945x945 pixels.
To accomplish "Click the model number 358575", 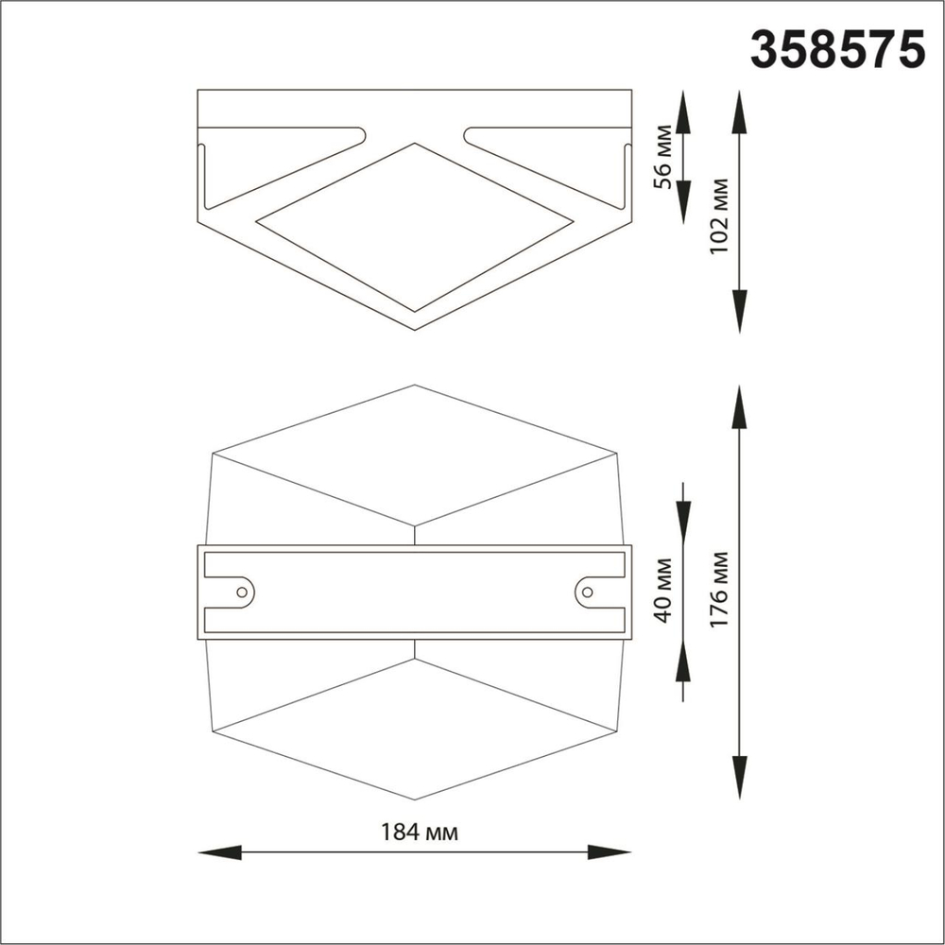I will point(836,48).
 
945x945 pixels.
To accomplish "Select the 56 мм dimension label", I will point(664,157).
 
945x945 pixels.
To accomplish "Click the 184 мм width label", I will point(420,833).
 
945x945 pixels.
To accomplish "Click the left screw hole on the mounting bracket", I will point(242,593).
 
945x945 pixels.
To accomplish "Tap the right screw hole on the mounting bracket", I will point(587,593).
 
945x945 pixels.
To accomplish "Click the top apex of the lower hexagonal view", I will point(415,386).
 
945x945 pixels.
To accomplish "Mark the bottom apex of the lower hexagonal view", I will point(415,799).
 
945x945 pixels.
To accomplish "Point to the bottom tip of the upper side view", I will point(415,329).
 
